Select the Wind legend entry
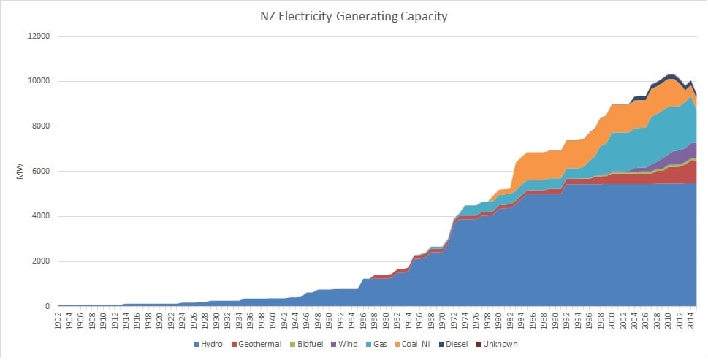coord(359,344)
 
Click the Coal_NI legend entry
coord(442,344)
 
